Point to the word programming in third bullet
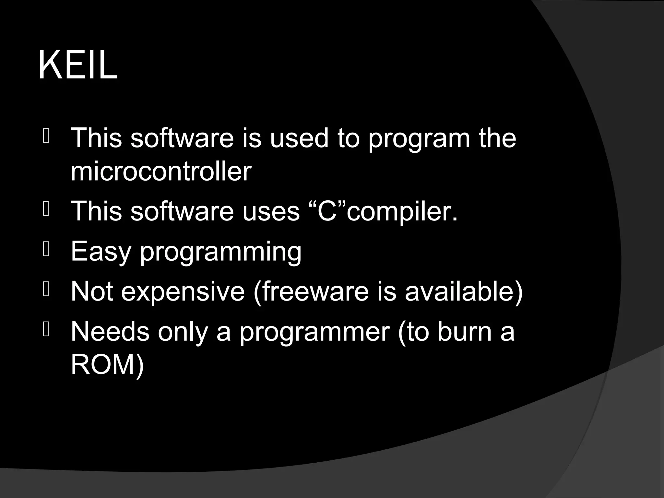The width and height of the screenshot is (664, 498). [x=221, y=252]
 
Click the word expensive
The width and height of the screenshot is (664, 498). [x=183, y=292]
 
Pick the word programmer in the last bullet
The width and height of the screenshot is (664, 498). [x=314, y=332]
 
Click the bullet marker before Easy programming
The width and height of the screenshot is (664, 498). [x=46, y=251]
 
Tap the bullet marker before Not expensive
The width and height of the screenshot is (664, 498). [x=46, y=290]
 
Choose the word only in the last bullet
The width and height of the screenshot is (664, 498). [x=182, y=332]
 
